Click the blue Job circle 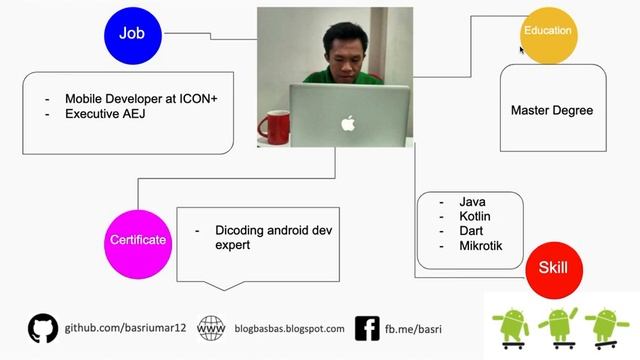click(x=132, y=34)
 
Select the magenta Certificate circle click(x=137, y=240)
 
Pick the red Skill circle click(x=553, y=269)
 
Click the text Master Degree click(x=551, y=110)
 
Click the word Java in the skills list click(x=473, y=202)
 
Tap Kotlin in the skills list click(x=475, y=216)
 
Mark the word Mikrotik click(x=481, y=246)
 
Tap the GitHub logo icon click(x=43, y=328)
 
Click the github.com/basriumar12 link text click(x=126, y=328)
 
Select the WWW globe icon click(x=211, y=328)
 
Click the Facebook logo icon click(x=367, y=328)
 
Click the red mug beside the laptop click(x=273, y=126)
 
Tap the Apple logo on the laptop click(x=348, y=124)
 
